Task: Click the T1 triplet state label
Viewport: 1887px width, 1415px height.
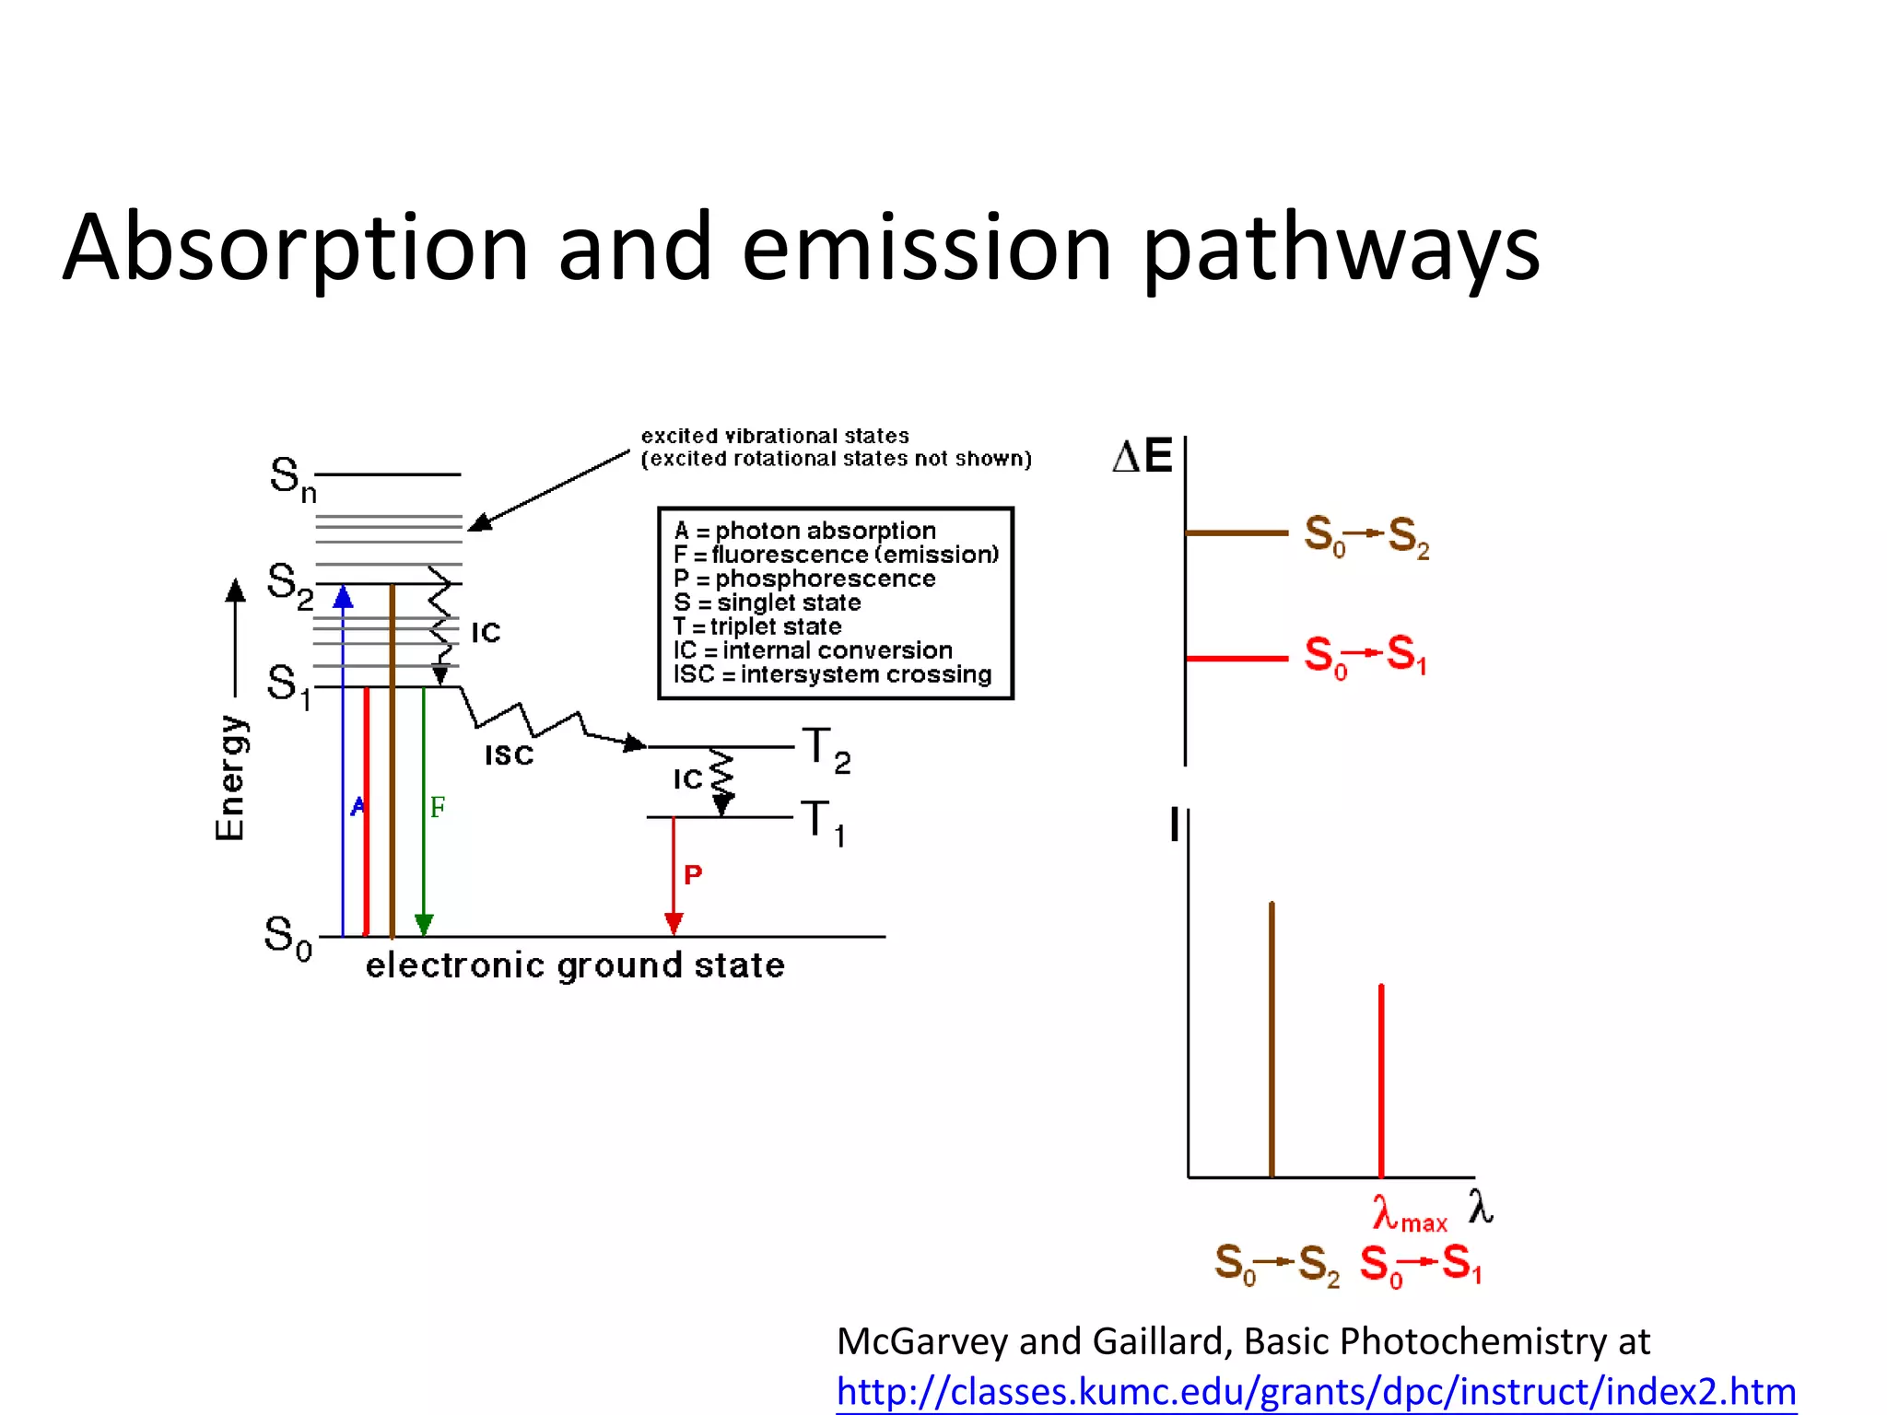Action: click(823, 822)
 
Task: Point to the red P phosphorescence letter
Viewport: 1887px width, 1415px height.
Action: click(693, 874)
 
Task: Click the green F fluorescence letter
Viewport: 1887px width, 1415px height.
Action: click(438, 808)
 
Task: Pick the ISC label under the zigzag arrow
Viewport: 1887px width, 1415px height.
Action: click(510, 755)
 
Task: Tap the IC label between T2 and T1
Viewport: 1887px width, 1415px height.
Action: click(688, 779)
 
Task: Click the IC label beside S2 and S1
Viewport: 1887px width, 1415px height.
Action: click(486, 633)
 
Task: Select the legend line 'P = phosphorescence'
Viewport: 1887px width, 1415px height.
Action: click(804, 579)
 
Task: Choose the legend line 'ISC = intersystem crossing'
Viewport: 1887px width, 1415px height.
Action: click(832, 674)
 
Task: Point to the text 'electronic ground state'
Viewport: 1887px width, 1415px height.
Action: click(575, 965)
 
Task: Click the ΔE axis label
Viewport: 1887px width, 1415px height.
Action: click(1142, 457)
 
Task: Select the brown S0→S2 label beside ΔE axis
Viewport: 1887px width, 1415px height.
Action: click(1366, 536)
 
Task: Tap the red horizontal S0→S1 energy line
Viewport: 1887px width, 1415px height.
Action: click(1236, 658)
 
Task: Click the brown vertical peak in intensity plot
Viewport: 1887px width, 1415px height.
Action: click(1272, 1041)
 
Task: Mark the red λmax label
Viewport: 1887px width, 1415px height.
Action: click(1409, 1214)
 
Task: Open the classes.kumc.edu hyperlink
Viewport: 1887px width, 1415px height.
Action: click(1316, 1391)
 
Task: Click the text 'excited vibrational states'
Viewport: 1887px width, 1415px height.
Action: click(775, 436)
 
